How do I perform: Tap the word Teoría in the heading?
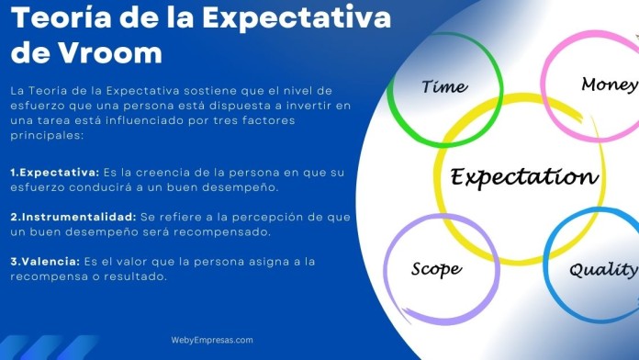click(x=54, y=18)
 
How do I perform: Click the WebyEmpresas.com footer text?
click(x=212, y=340)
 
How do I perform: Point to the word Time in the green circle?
click(x=444, y=86)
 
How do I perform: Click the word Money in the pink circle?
click(x=609, y=84)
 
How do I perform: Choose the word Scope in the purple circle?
click(x=436, y=269)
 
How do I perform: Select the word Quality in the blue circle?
click(x=602, y=269)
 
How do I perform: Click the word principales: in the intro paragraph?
click(x=47, y=136)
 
